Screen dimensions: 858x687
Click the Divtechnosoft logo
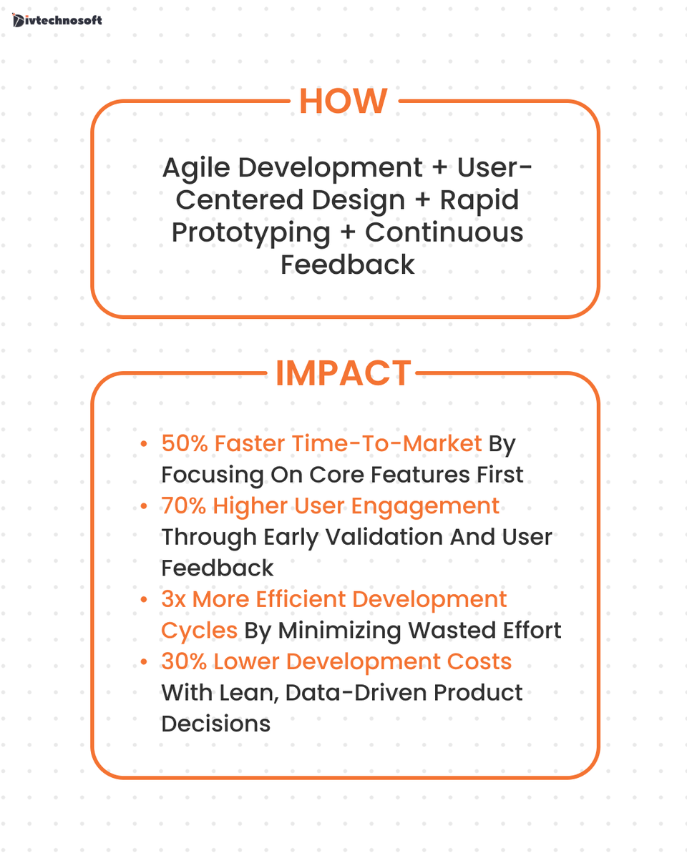pos(57,19)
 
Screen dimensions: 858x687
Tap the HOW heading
pos(343,101)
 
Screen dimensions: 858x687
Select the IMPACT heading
pos(343,373)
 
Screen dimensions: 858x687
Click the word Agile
pos(195,169)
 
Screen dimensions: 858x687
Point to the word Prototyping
pos(250,232)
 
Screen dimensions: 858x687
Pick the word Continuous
pos(444,232)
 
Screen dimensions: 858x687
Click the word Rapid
pos(479,200)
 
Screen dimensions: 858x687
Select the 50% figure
pos(184,443)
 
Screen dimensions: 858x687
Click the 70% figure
pos(183,506)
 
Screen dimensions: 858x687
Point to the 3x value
pos(173,599)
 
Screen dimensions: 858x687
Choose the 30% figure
pos(183,661)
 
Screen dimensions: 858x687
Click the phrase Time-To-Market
pos(401,443)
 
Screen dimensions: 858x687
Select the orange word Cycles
pos(199,630)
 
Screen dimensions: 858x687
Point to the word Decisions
pos(215,724)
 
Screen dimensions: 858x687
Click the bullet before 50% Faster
pos(145,444)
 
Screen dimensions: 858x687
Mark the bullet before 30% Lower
pos(145,662)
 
